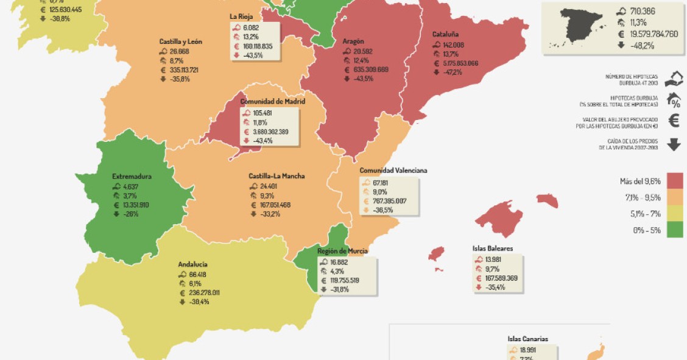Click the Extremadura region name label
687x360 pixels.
click(132, 177)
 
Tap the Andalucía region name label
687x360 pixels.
click(192, 264)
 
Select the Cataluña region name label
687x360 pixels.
click(445, 35)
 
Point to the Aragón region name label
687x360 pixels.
click(353, 41)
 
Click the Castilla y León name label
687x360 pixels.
click(180, 41)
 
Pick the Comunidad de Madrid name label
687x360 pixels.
click(272, 102)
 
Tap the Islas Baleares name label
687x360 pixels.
click(492, 249)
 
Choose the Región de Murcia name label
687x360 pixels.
click(342, 251)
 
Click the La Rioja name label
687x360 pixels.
click(241, 16)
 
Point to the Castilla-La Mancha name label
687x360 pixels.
click(277, 176)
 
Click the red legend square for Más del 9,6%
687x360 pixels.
click(674, 181)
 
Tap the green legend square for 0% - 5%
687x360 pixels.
click(674, 230)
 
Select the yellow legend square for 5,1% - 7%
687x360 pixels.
click(674, 213)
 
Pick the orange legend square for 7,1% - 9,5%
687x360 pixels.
click(674, 197)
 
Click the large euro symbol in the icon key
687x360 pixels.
click(674, 121)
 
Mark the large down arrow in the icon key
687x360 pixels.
click(674, 144)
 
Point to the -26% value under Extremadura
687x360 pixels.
click(130, 214)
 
